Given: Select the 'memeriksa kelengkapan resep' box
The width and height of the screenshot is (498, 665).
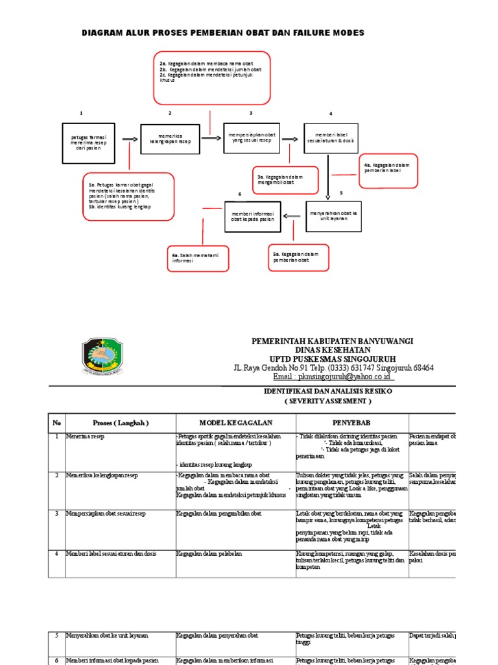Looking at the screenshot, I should [x=167, y=138].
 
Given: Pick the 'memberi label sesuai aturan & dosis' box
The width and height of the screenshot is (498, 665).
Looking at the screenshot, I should [x=330, y=138].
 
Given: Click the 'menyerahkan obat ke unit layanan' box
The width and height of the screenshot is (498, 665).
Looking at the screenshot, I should [x=333, y=216].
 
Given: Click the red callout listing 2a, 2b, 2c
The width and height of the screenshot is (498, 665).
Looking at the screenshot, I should [x=211, y=79].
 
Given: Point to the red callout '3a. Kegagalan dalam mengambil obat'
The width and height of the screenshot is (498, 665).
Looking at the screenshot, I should [x=285, y=180].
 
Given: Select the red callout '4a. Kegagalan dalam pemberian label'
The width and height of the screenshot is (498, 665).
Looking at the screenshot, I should [x=388, y=171].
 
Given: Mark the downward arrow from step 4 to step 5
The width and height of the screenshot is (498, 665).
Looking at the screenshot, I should [x=329, y=176].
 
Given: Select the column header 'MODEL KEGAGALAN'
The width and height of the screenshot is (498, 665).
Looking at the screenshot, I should [x=235, y=423].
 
